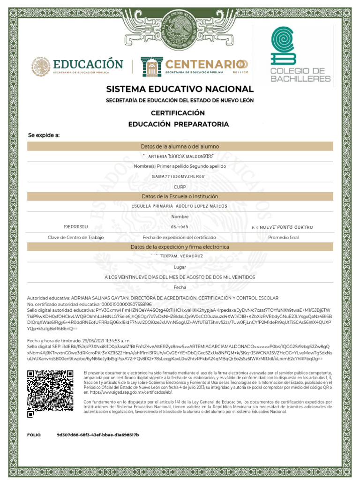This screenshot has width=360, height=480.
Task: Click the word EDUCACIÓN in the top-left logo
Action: (88, 64)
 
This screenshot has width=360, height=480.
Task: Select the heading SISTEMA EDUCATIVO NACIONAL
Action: (180, 89)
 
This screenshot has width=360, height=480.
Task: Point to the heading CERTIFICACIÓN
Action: (178, 113)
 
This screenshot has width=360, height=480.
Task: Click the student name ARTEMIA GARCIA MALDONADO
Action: (180, 157)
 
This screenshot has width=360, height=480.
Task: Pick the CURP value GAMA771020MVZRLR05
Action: (179, 176)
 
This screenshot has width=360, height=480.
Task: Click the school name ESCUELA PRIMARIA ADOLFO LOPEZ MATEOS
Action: (180, 206)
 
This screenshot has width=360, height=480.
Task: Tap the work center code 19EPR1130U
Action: (75, 227)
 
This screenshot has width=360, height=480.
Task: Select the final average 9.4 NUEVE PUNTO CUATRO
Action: (282, 227)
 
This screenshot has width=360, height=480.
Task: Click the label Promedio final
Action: (283, 237)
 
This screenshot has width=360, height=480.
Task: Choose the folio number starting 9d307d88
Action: (97, 435)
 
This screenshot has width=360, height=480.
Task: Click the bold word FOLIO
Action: (34, 435)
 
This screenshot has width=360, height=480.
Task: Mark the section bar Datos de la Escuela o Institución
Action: (180, 196)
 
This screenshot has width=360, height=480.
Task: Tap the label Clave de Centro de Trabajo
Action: (75, 237)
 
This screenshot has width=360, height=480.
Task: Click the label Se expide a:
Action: (44, 135)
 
